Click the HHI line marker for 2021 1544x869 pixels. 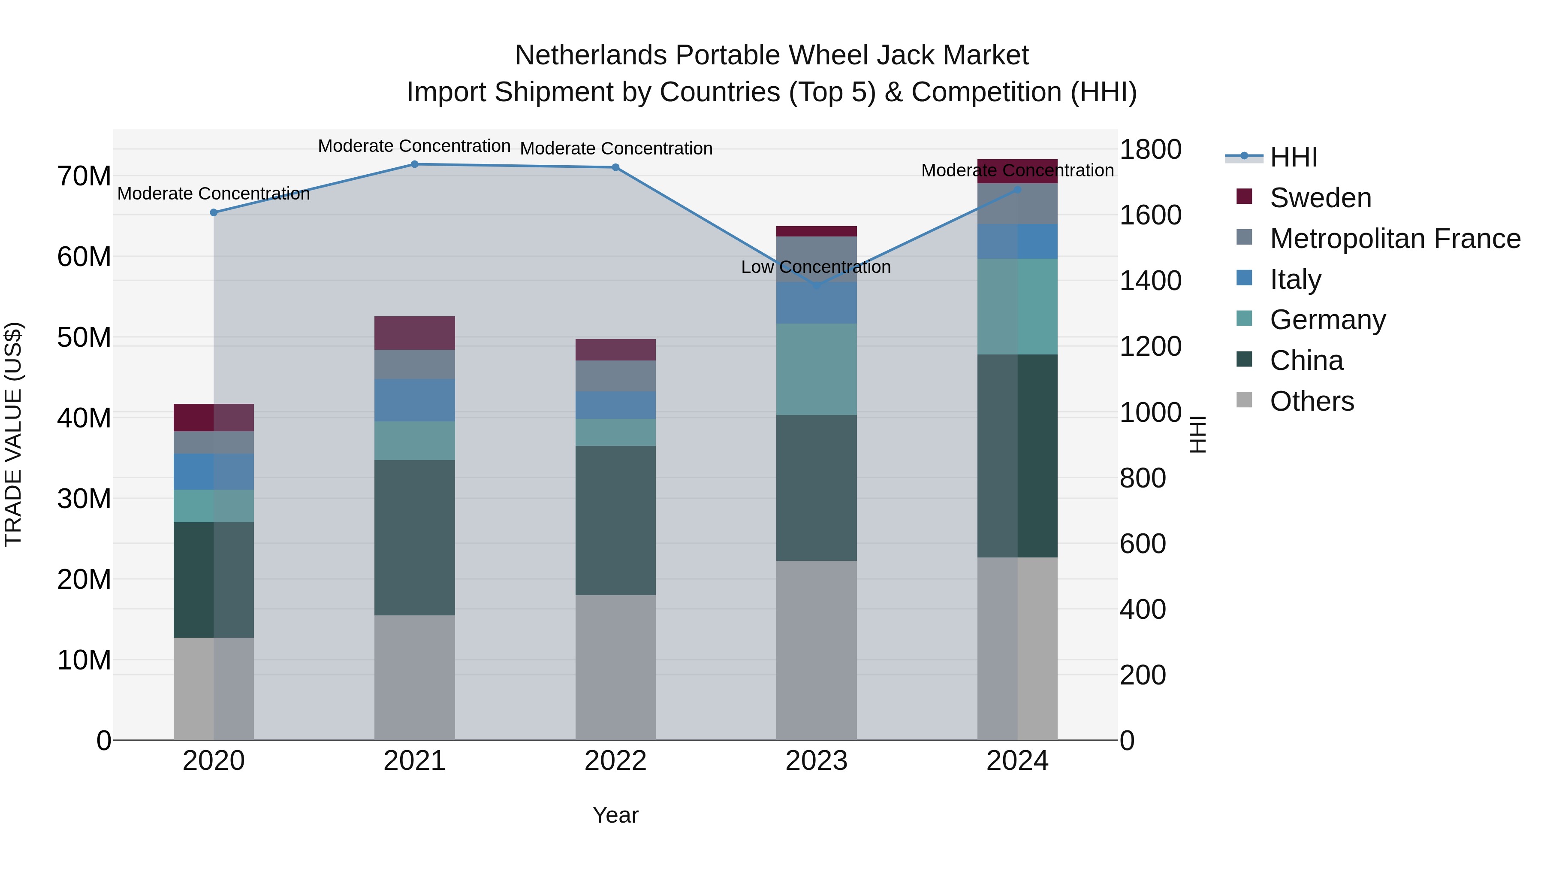coord(414,164)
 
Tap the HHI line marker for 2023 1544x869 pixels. coord(816,286)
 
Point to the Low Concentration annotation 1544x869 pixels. coord(816,267)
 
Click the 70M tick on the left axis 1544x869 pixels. coord(84,176)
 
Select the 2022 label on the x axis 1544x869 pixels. coord(615,761)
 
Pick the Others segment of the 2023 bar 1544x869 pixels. coord(816,650)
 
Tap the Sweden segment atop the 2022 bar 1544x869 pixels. coord(615,350)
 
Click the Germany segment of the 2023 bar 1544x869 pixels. coord(816,369)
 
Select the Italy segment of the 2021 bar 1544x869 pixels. coord(414,400)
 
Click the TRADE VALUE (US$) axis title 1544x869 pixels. coord(14,434)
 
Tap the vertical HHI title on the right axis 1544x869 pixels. coord(1197,434)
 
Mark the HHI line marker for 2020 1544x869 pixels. coord(214,212)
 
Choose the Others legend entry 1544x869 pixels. coord(1312,401)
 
